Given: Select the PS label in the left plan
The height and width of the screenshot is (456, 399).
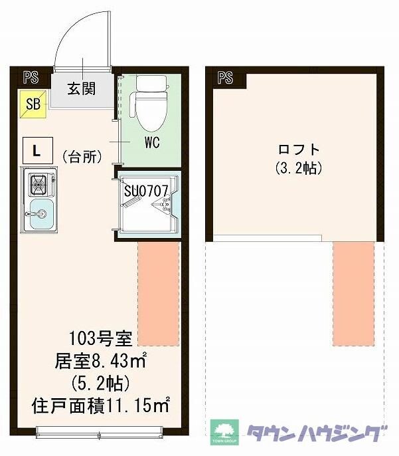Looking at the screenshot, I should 29,77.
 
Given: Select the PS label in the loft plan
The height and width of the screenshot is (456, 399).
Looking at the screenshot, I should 224,77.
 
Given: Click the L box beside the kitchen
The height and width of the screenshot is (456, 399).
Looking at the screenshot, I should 36,150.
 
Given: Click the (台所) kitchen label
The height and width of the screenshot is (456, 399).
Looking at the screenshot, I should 82,157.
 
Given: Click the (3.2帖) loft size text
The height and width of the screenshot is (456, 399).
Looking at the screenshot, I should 298,168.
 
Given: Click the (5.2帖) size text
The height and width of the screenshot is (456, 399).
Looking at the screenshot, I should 100,383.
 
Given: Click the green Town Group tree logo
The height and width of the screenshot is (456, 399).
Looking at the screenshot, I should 224,430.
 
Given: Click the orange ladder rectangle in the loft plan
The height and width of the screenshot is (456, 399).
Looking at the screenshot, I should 353,292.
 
